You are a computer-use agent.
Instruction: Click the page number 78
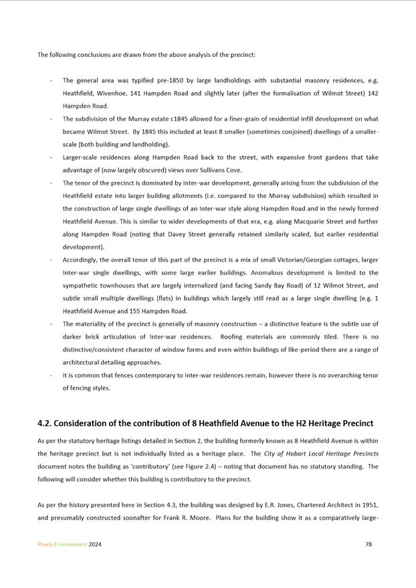[369, 545]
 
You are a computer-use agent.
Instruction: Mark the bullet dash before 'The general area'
[51, 80]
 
